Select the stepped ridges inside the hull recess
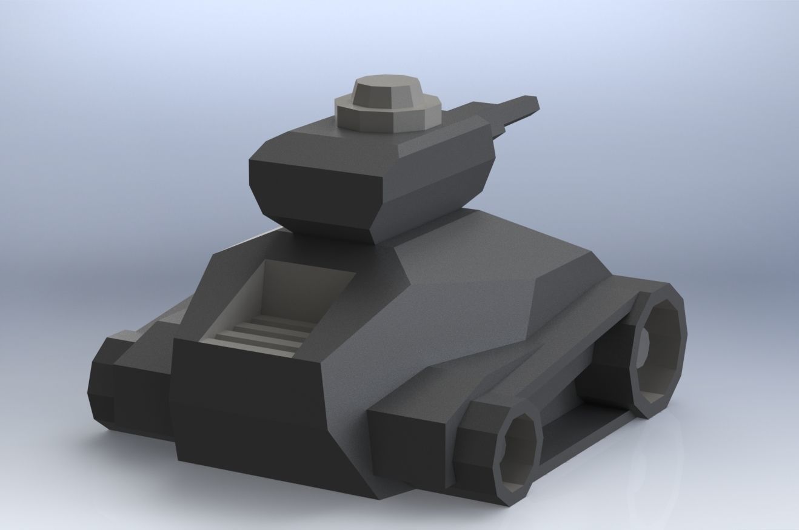[x=267, y=333]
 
